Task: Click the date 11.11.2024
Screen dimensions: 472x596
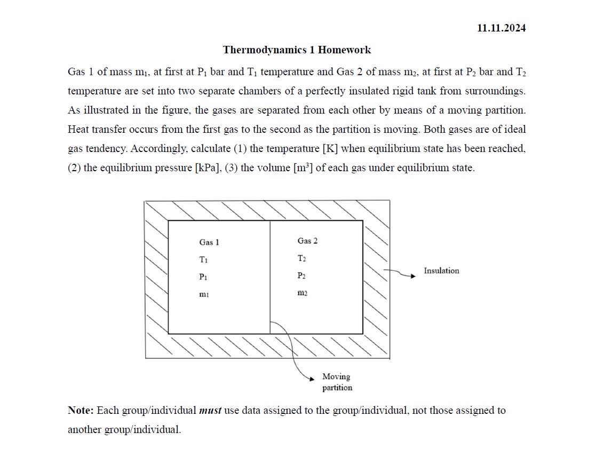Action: (x=501, y=28)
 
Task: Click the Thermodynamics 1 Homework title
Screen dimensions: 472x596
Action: (x=297, y=50)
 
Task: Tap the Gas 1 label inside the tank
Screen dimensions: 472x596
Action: (x=209, y=243)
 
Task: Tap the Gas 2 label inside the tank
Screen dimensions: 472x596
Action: (x=307, y=241)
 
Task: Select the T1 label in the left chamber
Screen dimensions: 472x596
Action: (x=203, y=260)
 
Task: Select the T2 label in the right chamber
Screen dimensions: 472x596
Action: (x=301, y=259)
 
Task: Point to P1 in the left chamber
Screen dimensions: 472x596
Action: (x=203, y=277)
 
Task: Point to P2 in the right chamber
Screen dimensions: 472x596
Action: (x=301, y=276)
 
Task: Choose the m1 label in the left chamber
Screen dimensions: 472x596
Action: (x=203, y=294)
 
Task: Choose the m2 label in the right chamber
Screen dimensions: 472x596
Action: (x=302, y=293)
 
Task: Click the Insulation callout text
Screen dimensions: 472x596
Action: (x=441, y=271)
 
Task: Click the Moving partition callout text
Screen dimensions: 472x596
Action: (x=337, y=382)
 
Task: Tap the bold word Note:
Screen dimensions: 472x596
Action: (x=81, y=411)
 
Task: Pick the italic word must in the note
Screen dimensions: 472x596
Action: (x=210, y=411)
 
